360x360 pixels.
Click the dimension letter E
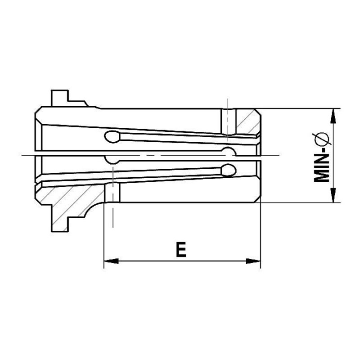181,249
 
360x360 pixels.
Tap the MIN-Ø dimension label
321,157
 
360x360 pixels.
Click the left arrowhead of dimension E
111,261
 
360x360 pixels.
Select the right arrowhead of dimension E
253,261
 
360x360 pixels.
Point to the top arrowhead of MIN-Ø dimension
333,116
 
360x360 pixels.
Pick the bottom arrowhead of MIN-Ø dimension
333,195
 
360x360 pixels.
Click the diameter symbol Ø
322,139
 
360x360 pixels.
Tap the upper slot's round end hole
112,137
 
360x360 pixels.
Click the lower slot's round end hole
229,170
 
